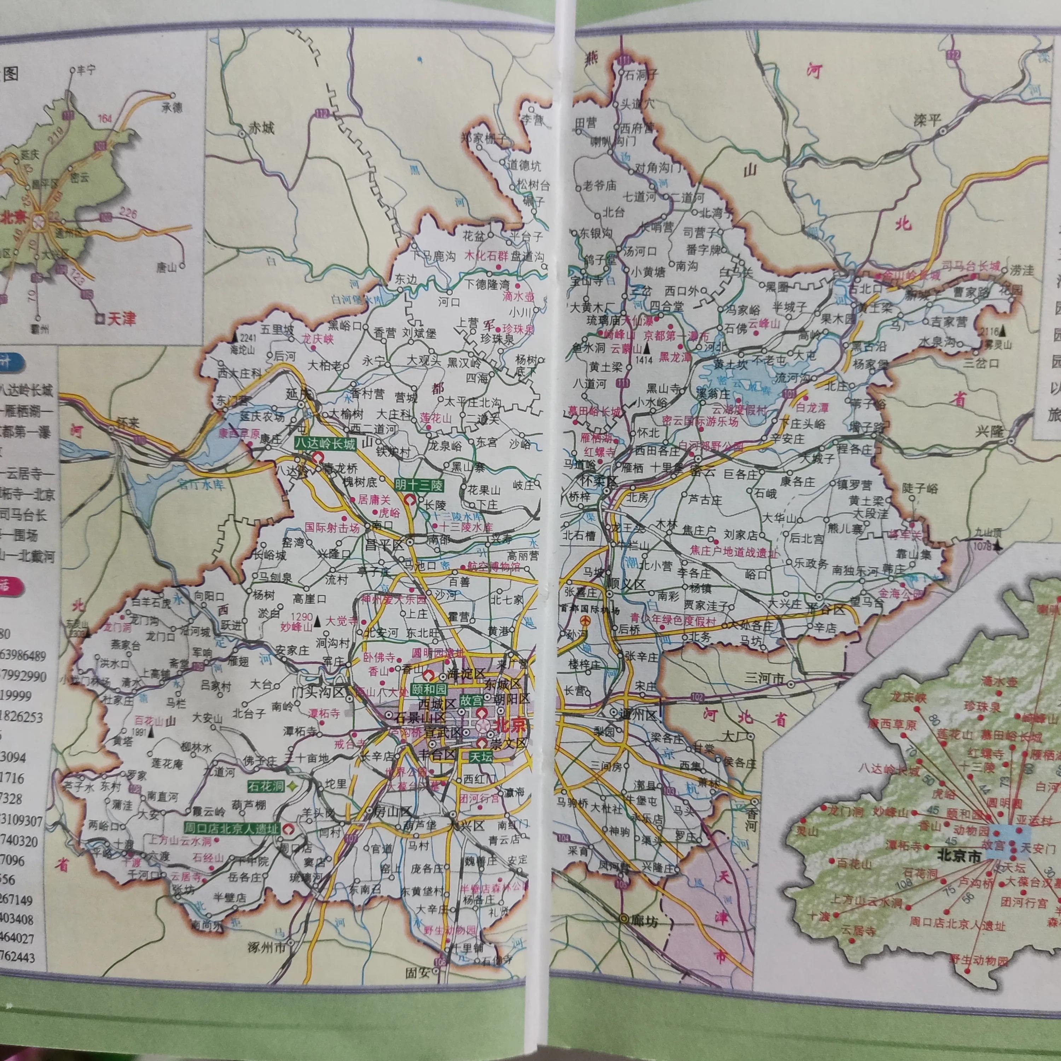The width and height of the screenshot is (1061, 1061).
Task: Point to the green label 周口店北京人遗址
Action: point(232,829)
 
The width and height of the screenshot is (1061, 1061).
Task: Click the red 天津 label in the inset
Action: point(121,319)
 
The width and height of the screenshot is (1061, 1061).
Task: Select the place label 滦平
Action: point(927,120)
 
